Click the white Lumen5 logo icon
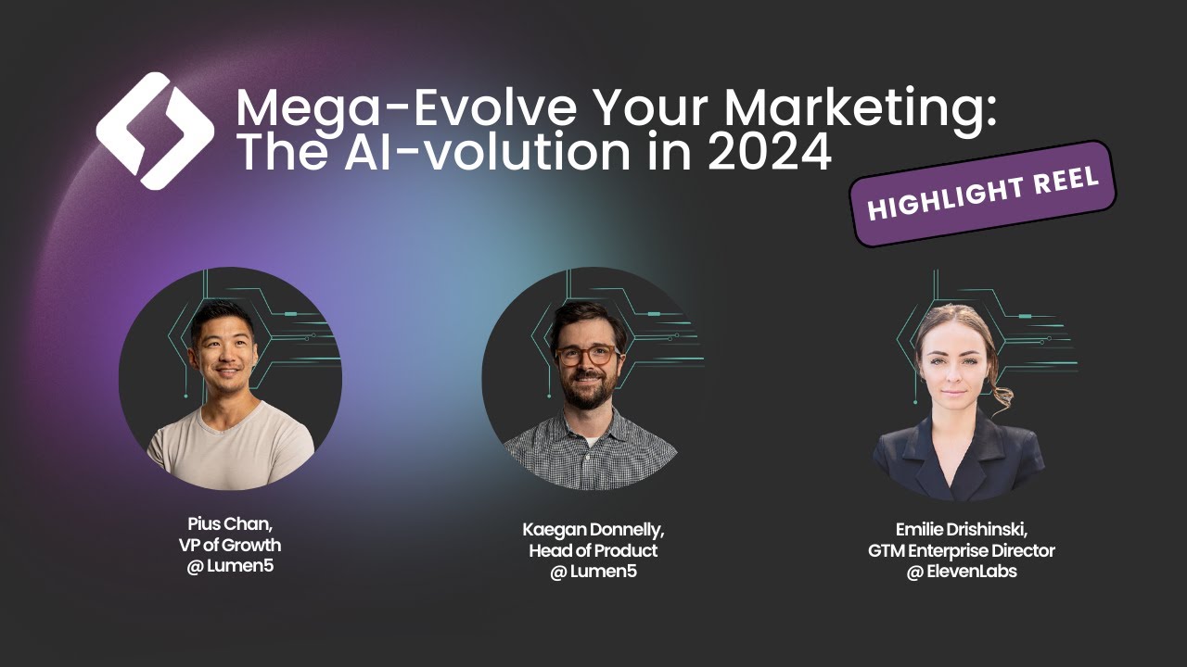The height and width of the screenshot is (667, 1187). point(155,131)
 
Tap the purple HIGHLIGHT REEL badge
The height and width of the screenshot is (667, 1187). point(983,194)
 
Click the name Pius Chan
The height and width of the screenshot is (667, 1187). point(230,524)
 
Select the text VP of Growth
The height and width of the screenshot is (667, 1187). point(230,545)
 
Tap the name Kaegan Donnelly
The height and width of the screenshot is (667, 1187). point(593,531)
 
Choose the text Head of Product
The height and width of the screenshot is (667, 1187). point(593,551)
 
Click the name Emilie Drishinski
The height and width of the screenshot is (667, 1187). point(961,530)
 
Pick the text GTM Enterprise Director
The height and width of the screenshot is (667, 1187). point(961,551)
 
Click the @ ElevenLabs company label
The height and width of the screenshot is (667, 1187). point(961,572)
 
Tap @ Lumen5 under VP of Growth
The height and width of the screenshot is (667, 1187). point(230,565)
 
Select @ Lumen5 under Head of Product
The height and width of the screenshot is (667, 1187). point(593,572)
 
